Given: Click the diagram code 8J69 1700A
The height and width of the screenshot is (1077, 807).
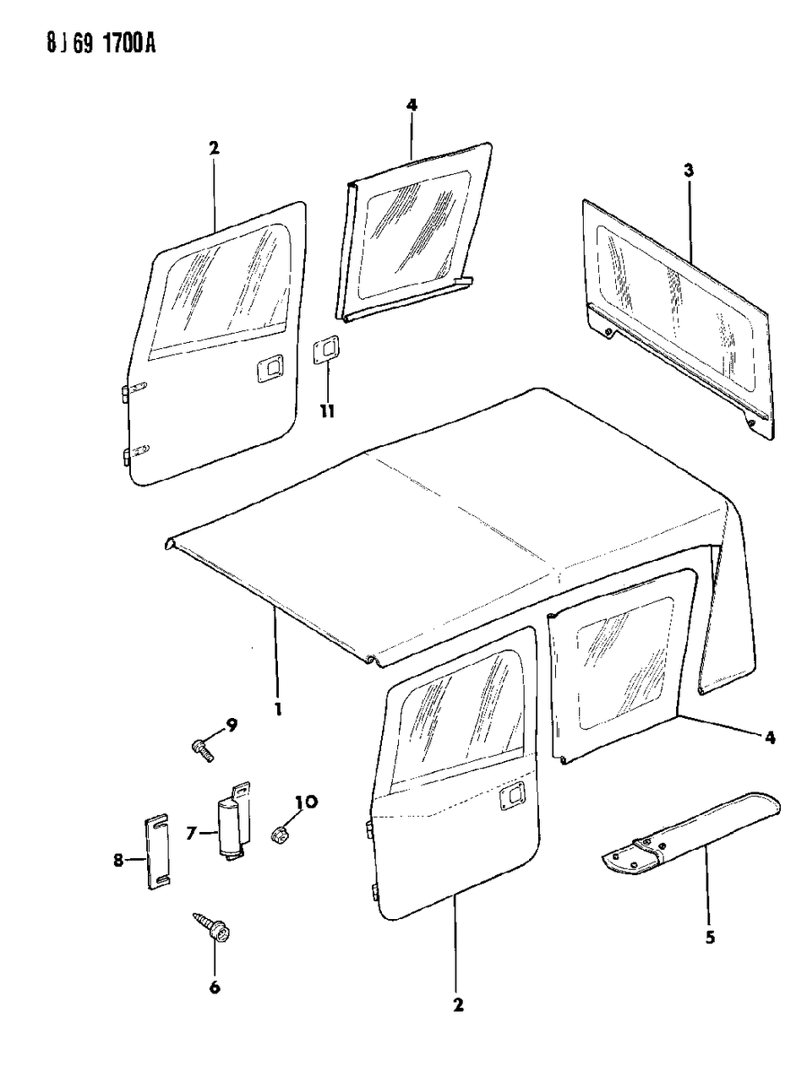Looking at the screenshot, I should click(81, 42).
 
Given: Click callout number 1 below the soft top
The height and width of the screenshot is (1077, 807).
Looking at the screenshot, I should click(278, 706).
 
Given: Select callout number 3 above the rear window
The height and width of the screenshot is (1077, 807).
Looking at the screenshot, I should click(689, 171).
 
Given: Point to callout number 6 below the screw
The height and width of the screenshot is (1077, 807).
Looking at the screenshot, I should click(215, 986).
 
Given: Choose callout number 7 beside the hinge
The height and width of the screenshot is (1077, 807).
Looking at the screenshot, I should click(191, 833).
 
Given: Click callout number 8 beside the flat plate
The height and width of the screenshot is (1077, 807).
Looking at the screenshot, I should click(118, 860).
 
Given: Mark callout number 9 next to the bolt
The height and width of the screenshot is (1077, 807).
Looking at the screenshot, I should click(231, 724).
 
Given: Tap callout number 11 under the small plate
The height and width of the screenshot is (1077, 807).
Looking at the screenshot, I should click(326, 411).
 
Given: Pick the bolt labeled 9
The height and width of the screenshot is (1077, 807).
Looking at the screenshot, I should click(202, 748).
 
